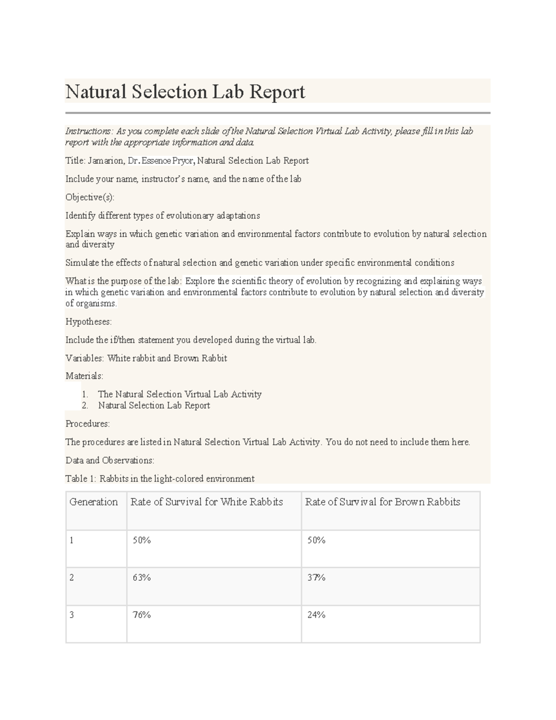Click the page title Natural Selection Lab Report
click(185, 92)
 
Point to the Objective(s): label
click(89, 198)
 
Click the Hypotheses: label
click(88, 322)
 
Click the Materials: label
click(84, 376)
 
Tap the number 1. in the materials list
click(85, 395)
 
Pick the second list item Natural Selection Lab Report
click(154, 406)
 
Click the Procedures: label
click(88, 424)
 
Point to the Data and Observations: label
click(110, 460)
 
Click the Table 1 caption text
click(160, 479)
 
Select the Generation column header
click(94, 502)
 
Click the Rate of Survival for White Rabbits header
click(207, 502)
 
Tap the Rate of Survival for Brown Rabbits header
click(382, 502)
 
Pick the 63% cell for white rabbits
click(142, 578)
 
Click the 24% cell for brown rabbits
click(316, 615)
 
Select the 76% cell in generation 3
click(142, 615)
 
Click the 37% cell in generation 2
click(316, 578)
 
